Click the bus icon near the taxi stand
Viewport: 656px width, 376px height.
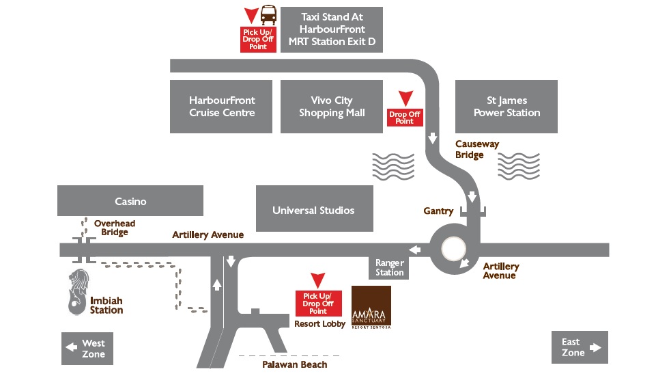pyautogui.click(x=270, y=14)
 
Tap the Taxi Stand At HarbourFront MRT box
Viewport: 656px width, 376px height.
pyautogui.click(x=332, y=29)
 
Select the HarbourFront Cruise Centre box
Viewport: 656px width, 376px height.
pyautogui.click(x=221, y=107)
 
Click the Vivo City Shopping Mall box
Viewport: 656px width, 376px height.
pyautogui.click(x=332, y=107)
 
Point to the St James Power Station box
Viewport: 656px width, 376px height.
pyautogui.click(x=507, y=107)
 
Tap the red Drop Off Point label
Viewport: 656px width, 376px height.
pyautogui.click(x=405, y=118)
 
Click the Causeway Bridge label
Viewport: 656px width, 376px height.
pyautogui.click(x=477, y=150)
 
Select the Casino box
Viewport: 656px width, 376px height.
pyautogui.click(x=130, y=201)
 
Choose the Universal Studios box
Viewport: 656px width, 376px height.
pyautogui.click(x=313, y=211)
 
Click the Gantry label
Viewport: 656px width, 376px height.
pyautogui.click(x=438, y=211)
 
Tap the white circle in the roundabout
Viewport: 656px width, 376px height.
pyautogui.click(x=453, y=248)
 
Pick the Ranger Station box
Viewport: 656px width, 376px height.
pyautogui.click(x=389, y=268)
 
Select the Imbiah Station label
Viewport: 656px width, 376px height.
pyautogui.click(x=106, y=305)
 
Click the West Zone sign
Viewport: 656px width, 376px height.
pyautogui.click(x=87, y=348)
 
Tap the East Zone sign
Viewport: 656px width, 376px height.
pyautogui.click(x=579, y=347)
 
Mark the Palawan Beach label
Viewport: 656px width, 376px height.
pyautogui.click(x=295, y=365)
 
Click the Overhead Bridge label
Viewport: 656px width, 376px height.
pyautogui.click(x=115, y=228)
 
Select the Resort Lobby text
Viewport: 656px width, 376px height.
pyautogui.click(x=319, y=324)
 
